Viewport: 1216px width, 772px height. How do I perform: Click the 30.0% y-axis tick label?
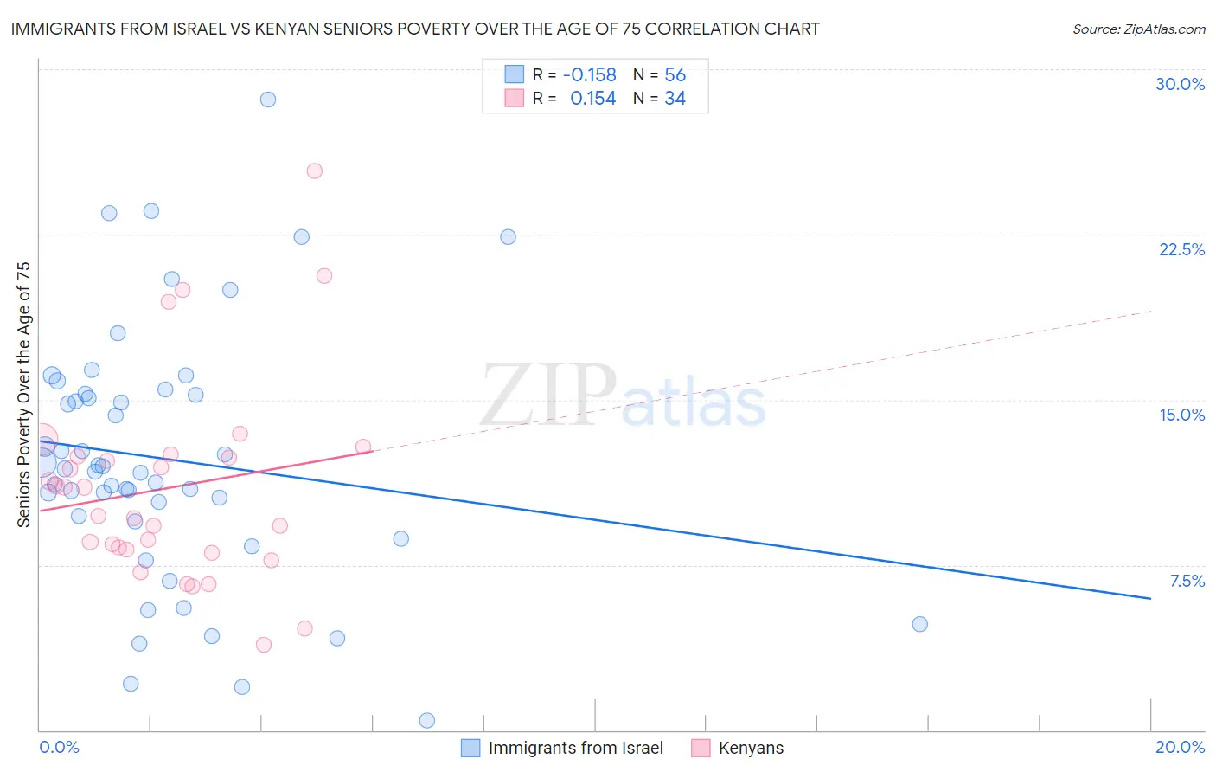1180,84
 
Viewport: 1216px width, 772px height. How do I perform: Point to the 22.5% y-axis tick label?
1181,249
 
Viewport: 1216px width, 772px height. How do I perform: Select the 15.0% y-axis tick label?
1181,415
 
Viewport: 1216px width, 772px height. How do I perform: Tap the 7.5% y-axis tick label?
1187,581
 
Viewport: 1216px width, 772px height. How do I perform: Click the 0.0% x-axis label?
59,747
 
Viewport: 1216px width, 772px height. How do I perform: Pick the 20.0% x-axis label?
1180,747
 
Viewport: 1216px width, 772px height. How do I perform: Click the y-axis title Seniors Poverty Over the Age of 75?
23,394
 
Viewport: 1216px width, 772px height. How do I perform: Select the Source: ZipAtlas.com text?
1138,29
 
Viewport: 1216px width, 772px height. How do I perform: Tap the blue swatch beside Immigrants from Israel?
470,748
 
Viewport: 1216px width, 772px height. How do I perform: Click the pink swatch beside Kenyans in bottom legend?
701,748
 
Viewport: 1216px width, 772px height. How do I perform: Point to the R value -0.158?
589,74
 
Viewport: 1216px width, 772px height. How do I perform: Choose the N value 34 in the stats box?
675,99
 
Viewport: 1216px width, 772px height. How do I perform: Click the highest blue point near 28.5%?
268,100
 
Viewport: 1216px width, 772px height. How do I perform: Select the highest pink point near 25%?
315,170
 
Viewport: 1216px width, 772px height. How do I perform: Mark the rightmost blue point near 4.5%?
919,624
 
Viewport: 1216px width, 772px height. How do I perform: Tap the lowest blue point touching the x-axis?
426,720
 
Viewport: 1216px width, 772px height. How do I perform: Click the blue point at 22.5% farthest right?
508,237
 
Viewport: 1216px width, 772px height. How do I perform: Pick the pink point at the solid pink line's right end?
363,447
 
